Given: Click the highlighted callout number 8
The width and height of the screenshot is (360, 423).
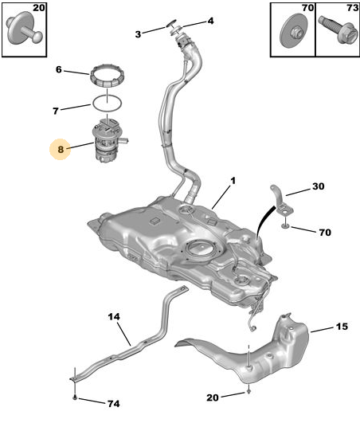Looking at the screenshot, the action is [61, 149].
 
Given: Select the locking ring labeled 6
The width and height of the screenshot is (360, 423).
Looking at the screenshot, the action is [107, 76].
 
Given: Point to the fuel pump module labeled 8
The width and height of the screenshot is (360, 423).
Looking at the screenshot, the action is [109, 140].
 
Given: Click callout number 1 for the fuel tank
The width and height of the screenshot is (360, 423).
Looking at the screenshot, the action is [233, 181].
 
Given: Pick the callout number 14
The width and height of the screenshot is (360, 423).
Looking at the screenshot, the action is [114, 316].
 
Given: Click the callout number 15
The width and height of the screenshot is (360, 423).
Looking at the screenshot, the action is [342, 327].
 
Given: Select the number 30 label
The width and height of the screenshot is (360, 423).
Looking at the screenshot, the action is [319, 186].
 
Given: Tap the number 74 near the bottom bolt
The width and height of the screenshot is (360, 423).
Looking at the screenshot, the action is [114, 404].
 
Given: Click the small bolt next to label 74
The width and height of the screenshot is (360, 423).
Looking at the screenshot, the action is [75, 397].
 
